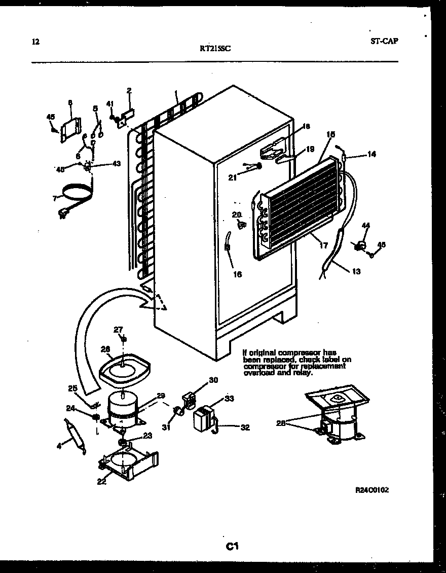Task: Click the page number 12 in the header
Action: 34,42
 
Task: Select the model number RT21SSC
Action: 215,49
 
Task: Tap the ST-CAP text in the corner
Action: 384,41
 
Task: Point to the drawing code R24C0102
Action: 371,490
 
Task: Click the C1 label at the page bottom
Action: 232,546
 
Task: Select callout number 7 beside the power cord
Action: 55,198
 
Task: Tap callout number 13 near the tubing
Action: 356,271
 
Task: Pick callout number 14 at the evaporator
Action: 371,154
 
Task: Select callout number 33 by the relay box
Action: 229,399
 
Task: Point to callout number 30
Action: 213,380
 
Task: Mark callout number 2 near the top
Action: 129,90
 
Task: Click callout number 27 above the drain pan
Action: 119,330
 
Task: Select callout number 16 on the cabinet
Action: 237,274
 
